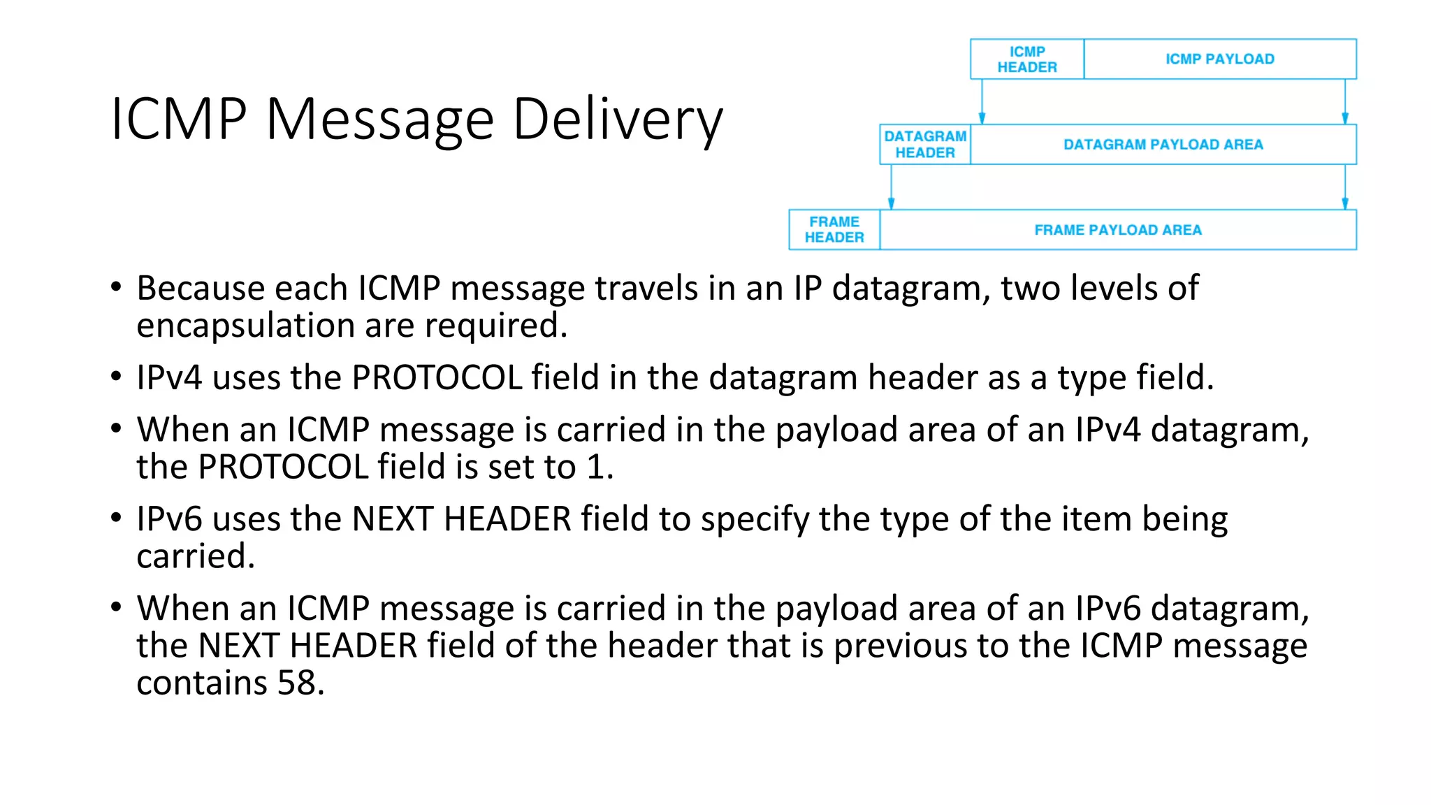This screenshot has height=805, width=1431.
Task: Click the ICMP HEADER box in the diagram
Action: (1026, 59)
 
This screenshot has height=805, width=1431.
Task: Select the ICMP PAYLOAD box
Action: (1219, 59)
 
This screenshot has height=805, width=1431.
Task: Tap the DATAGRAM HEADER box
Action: (925, 145)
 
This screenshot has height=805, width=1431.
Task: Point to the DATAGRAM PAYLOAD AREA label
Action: (1163, 145)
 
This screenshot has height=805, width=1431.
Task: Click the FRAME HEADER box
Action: (834, 230)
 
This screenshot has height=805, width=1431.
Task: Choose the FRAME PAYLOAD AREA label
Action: (1117, 230)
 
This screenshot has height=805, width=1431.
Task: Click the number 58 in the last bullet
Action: (296, 683)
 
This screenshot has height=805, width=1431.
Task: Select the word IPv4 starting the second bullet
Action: (168, 378)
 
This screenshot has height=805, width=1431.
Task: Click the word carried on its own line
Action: (195, 557)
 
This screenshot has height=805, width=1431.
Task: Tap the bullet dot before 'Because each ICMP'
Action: (116, 287)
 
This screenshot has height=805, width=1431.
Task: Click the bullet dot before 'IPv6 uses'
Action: (116, 518)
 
